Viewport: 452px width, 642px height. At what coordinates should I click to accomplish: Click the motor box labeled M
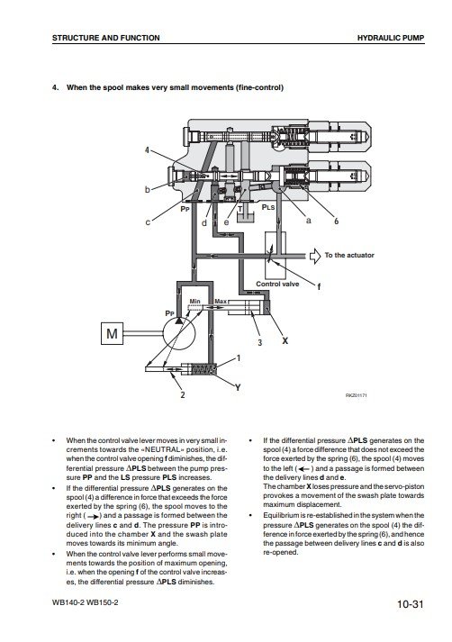(x=112, y=334)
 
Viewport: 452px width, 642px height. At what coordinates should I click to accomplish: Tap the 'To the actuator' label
(x=349, y=255)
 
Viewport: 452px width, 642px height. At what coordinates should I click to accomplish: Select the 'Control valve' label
(x=277, y=284)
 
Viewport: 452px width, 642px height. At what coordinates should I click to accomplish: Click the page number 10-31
(x=410, y=604)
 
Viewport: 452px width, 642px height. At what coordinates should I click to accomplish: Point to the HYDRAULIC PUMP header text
(x=391, y=38)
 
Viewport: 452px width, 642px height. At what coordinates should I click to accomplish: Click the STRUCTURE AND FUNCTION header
(x=106, y=38)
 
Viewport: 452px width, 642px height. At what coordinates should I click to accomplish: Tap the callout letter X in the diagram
(x=285, y=340)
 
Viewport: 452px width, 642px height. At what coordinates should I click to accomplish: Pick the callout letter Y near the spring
(x=238, y=387)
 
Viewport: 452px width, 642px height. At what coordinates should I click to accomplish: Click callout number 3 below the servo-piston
(x=259, y=342)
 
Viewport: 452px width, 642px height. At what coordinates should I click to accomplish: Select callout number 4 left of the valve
(x=147, y=149)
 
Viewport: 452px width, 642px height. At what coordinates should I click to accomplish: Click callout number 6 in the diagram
(x=336, y=222)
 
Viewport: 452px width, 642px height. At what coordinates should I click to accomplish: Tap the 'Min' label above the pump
(x=194, y=302)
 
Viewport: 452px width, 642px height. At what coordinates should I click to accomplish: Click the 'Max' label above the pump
(x=221, y=302)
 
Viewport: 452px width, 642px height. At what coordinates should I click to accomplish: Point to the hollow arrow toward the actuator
(x=315, y=256)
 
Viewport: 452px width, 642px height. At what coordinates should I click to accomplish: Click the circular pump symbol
(x=179, y=334)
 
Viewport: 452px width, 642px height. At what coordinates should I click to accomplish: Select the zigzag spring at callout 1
(x=203, y=369)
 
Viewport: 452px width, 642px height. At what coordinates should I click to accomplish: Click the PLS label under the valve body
(x=268, y=207)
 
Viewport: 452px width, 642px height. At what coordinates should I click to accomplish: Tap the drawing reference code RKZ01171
(x=357, y=395)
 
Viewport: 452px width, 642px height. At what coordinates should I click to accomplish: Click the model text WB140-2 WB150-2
(x=86, y=602)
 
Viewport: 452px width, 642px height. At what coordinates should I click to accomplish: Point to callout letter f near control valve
(x=319, y=286)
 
